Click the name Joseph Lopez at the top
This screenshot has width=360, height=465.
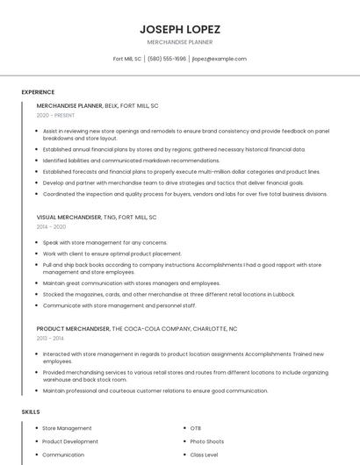(179, 29)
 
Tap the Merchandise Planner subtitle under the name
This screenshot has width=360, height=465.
(179, 42)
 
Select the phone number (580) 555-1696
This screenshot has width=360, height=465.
(167, 59)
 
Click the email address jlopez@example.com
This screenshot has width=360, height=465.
(220, 59)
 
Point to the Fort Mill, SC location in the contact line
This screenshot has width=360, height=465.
(127, 59)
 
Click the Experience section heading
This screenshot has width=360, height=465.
(38, 92)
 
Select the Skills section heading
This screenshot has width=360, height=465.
(30, 411)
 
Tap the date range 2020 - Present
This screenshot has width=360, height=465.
(56, 116)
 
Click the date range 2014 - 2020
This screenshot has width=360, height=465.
(51, 226)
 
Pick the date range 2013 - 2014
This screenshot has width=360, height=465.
(50, 338)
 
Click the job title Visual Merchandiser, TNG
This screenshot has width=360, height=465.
(97, 217)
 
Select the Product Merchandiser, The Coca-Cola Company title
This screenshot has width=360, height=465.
(136, 328)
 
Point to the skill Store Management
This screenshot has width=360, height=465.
(67, 428)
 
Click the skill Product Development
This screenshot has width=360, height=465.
(70, 441)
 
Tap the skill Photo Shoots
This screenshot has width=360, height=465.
(206, 441)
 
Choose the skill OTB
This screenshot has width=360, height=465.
(195, 428)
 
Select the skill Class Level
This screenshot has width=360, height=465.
(204, 455)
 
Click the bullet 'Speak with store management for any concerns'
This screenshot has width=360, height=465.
(104, 242)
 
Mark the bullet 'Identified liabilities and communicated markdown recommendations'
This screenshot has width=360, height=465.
(131, 161)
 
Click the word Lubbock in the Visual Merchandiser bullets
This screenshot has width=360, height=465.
(284, 294)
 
